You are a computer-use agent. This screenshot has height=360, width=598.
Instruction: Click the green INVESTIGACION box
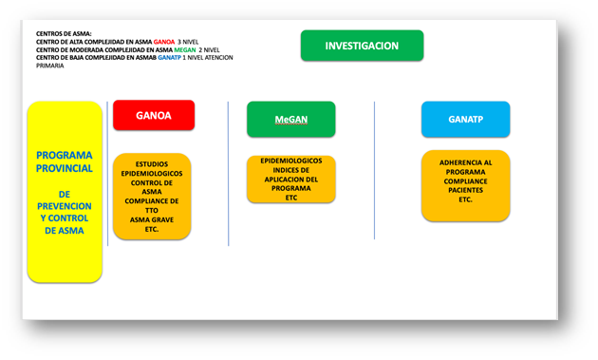362,46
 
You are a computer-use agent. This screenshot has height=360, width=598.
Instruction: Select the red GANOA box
154,115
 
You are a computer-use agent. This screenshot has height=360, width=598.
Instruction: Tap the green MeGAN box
290,120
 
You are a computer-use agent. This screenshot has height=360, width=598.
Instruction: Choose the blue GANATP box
465,120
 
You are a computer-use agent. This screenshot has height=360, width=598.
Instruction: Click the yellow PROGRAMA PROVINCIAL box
65,192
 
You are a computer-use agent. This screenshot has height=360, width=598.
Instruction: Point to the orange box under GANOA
152,197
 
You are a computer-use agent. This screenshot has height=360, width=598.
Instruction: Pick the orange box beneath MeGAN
290,179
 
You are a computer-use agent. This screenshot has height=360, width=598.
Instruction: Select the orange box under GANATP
465,186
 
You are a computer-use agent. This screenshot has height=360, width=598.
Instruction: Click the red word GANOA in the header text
163,43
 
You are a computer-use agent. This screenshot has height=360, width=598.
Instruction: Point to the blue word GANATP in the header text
169,58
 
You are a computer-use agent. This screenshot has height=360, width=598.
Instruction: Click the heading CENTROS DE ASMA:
64,34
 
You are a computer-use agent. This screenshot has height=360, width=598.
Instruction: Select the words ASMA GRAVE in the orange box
152,219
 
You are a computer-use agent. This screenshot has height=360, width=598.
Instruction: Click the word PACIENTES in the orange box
465,191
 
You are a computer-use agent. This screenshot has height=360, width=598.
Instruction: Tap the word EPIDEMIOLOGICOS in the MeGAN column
290,161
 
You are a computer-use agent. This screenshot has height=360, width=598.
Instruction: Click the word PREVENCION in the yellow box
65,205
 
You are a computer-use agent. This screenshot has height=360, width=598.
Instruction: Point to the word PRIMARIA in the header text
50,66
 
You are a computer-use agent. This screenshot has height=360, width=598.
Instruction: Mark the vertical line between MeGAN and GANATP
375,171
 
